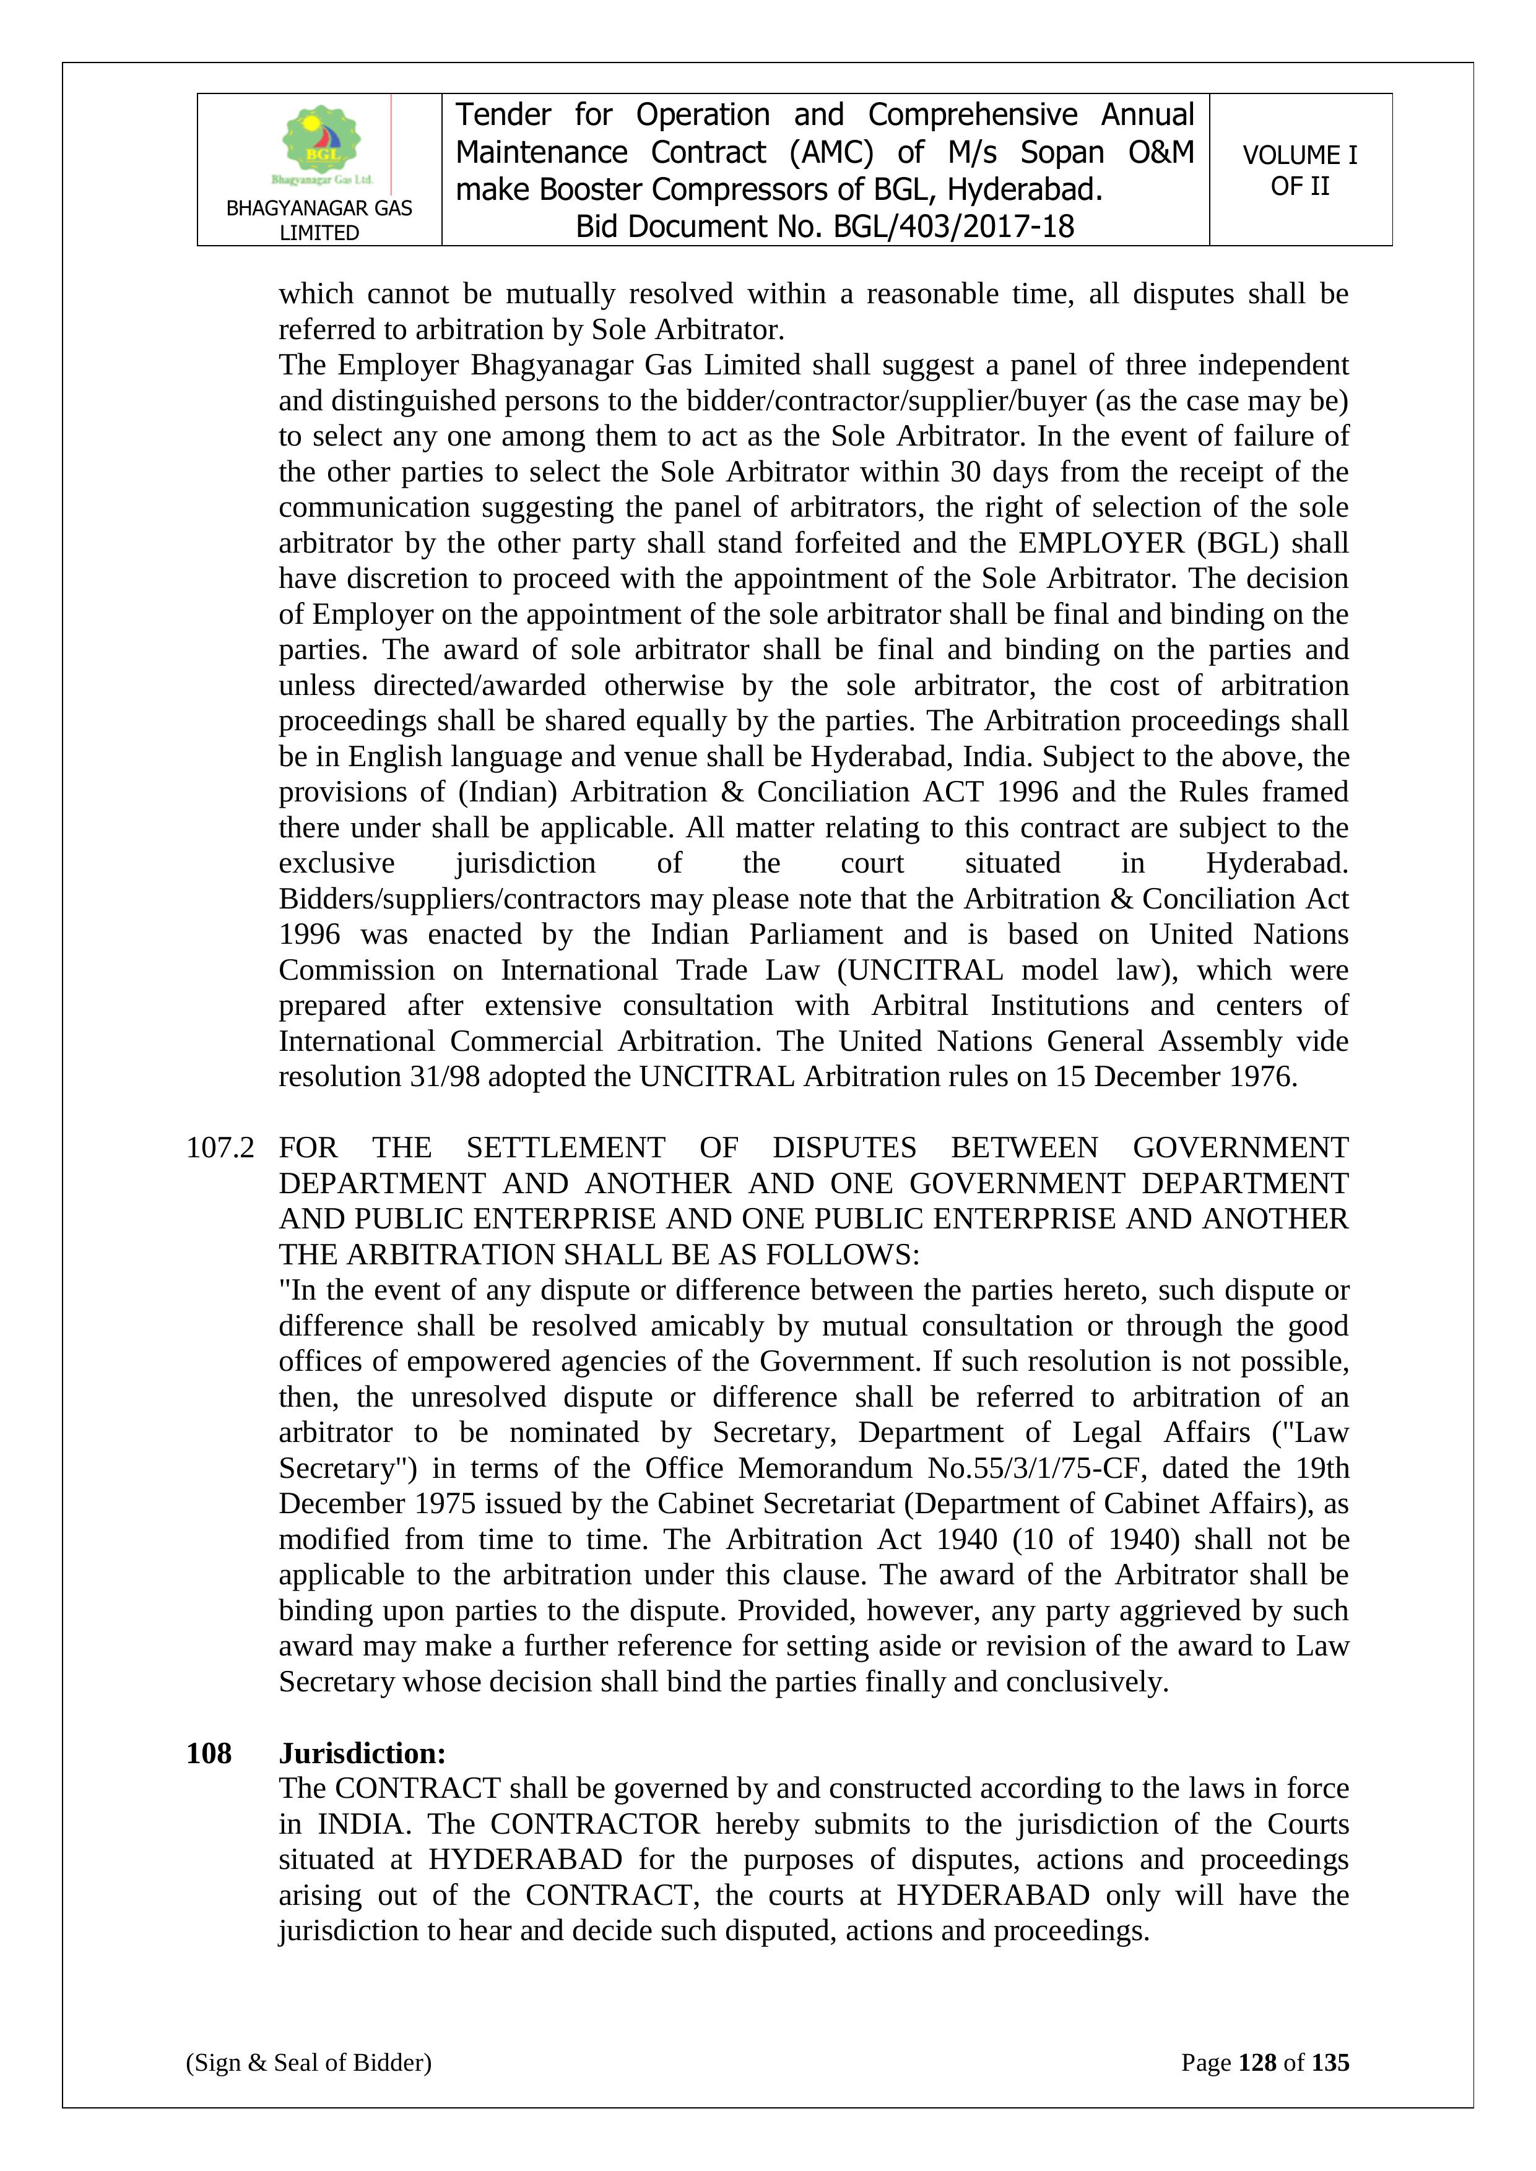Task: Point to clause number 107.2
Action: [x=220, y=1148]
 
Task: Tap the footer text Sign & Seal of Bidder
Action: [x=308, y=2062]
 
